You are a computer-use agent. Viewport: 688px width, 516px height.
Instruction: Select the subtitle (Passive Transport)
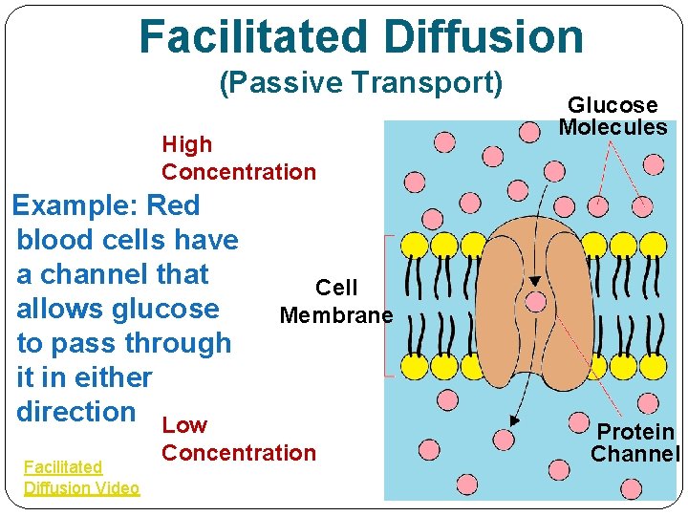coord(361,83)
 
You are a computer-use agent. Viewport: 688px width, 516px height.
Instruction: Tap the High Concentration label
coord(238,159)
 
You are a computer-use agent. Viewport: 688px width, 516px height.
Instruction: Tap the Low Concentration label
coord(238,439)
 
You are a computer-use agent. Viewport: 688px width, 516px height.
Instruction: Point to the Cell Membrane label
coord(336,301)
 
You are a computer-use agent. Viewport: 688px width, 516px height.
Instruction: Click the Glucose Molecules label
coord(613,116)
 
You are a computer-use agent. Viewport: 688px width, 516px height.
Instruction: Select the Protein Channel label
coord(634,443)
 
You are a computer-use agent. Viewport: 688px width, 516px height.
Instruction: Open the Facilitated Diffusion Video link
coord(81,478)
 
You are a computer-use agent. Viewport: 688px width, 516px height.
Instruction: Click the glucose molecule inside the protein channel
coord(536,302)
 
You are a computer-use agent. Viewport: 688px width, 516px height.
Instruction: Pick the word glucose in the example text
coord(165,309)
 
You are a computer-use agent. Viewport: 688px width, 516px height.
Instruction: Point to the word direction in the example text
coord(76,412)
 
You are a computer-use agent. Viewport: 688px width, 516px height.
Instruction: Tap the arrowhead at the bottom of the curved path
coord(514,421)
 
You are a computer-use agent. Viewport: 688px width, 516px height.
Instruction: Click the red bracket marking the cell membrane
coord(386,306)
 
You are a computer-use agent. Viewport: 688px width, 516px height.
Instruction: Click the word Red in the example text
coord(173,205)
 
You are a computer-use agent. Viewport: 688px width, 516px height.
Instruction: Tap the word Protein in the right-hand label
coord(636,433)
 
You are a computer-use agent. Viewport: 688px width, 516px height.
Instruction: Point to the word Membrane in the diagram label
coord(336,315)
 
